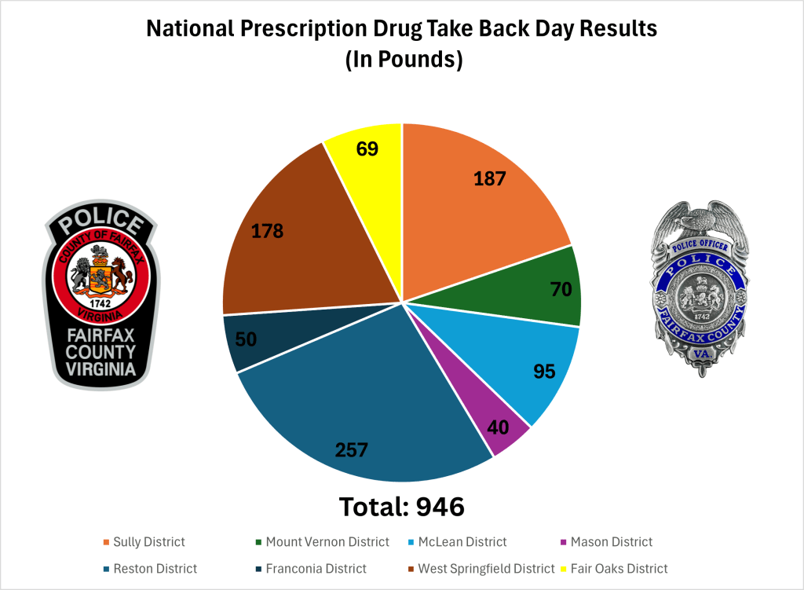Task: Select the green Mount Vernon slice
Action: (542, 287)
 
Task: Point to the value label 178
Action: (267, 231)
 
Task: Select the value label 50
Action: (247, 339)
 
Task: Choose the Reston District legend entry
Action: (155, 568)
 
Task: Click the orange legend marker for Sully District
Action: (106, 542)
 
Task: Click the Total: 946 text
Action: (401, 507)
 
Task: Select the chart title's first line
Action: (401, 31)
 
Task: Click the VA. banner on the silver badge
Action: (697, 357)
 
